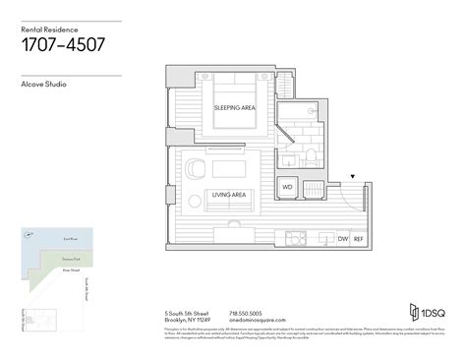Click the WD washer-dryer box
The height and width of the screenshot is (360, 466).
(x=288, y=186)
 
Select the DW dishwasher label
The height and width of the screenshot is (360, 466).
(x=342, y=239)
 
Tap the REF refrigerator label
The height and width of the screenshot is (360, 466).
(x=359, y=239)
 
